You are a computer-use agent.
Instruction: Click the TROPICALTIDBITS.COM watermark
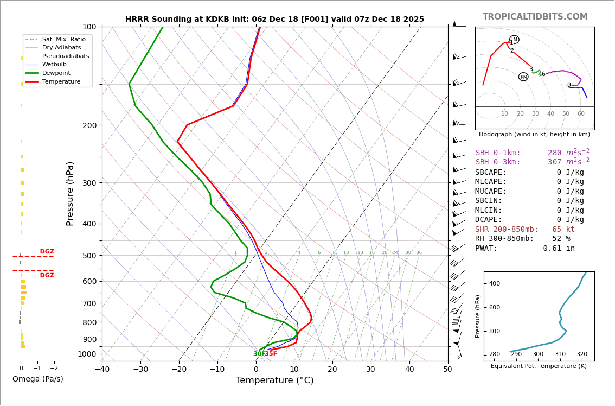click(535, 17)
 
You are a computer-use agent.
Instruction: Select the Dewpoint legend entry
click(60, 73)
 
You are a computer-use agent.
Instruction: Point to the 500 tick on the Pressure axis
click(89, 256)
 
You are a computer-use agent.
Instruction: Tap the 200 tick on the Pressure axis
click(89, 125)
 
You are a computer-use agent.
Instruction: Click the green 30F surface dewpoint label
click(259, 354)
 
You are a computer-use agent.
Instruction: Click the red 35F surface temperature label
click(271, 354)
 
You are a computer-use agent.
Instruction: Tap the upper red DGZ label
click(47, 252)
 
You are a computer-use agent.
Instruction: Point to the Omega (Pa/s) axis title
click(37, 379)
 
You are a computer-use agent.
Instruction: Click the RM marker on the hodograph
click(523, 77)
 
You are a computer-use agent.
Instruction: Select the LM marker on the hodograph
click(514, 40)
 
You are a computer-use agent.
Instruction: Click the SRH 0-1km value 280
click(554, 153)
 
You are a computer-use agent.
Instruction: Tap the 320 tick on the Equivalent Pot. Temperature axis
click(581, 354)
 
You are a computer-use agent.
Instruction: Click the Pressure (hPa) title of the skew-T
click(70, 193)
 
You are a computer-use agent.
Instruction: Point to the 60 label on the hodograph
click(581, 114)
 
